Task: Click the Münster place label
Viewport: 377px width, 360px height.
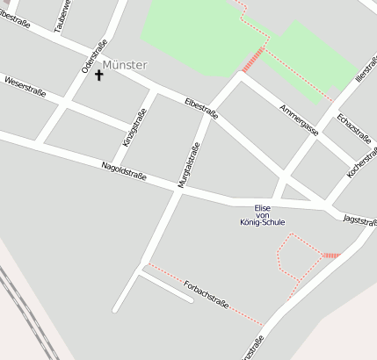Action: [125, 65]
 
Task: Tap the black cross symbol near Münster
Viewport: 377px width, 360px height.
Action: [98, 75]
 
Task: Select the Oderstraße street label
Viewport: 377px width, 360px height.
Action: [94, 55]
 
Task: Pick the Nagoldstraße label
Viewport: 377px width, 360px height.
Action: [123, 172]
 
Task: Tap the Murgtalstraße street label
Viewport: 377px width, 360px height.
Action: [189, 165]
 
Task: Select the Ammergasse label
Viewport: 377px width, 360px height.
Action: [298, 119]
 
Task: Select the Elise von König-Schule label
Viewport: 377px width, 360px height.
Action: [262, 215]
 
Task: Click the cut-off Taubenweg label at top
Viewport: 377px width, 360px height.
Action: [60, 15]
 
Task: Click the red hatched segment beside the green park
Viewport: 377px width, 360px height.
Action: [253, 59]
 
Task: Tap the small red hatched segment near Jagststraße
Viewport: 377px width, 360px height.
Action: [330, 256]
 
